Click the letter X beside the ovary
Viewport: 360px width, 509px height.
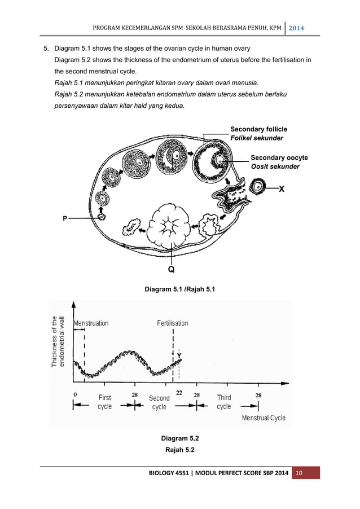click(x=281, y=190)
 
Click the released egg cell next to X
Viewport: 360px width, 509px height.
click(x=258, y=186)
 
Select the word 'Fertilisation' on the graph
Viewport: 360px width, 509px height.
click(x=173, y=323)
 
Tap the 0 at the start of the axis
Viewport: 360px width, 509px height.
click(x=75, y=394)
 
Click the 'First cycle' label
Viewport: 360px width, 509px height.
click(x=104, y=402)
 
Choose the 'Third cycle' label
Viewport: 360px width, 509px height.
click(x=223, y=402)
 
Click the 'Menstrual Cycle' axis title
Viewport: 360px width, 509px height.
click(x=264, y=418)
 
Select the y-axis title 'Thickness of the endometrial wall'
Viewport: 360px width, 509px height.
click(x=59, y=341)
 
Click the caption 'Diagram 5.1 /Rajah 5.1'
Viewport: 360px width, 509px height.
click(x=179, y=289)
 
